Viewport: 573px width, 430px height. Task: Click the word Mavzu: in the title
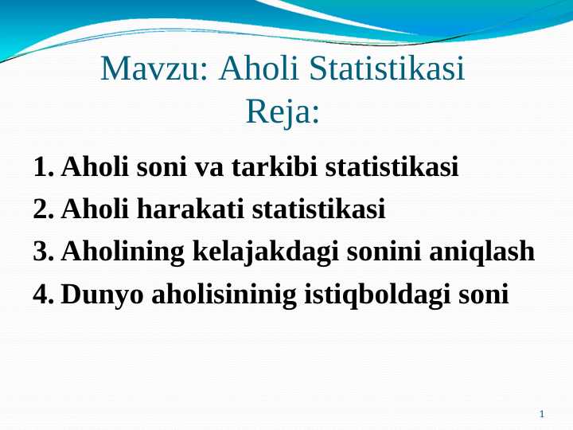click(154, 68)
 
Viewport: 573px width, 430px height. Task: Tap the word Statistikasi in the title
click(387, 68)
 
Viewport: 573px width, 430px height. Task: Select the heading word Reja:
click(283, 112)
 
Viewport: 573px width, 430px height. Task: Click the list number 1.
click(44, 167)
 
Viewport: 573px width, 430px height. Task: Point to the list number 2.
click(44, 209)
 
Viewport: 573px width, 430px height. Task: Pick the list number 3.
click(44, 252)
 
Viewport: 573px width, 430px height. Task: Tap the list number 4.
click(44, 294)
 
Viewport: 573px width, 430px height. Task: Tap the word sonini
click(384, 251)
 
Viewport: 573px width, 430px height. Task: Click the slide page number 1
click(542, 414)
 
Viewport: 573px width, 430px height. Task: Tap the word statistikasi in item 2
click(318, 209)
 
